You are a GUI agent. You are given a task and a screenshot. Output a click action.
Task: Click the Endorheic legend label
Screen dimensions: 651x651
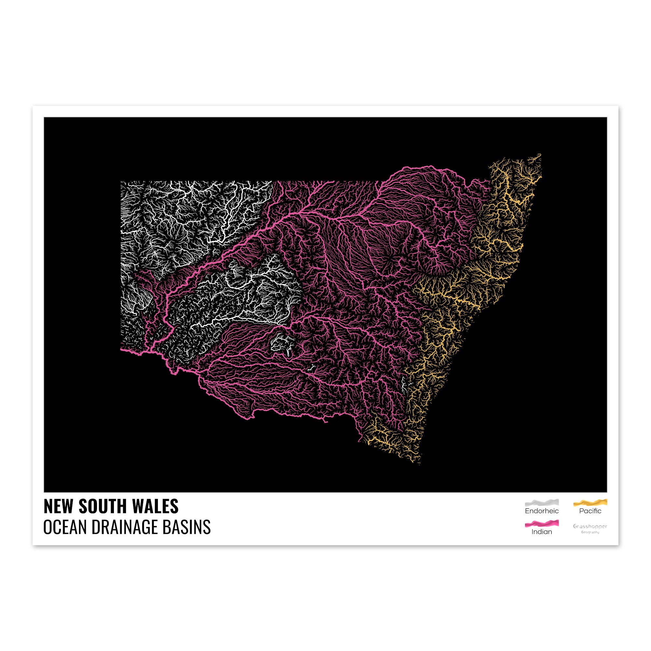(x=542, y=511)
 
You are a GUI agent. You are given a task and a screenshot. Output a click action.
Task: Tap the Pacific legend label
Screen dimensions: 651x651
(x=590, y=511)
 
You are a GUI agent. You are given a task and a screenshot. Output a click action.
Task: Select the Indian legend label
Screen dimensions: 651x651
(x=542, y=532)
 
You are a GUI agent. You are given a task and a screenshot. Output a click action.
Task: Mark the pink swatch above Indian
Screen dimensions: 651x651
(x=542, y=523)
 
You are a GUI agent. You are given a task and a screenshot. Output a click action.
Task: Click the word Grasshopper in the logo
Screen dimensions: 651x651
(x=590, y=526)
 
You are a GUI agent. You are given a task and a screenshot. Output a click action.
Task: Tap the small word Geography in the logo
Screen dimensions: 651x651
(x=590, y=533)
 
